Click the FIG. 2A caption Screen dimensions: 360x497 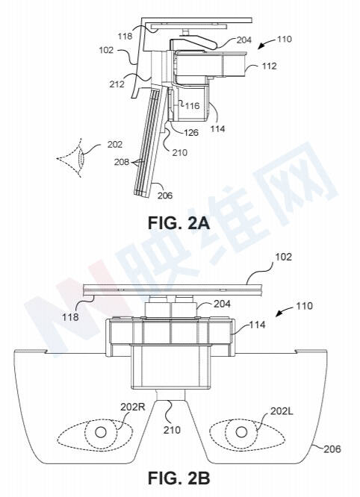tap(179, 223)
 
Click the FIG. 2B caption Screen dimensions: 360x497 tap(179, 478)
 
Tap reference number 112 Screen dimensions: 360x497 tap(269, 66)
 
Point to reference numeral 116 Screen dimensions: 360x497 tap(192, 105)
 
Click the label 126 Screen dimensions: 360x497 tap(190, 132)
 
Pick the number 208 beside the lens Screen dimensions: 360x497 tap(122, 162)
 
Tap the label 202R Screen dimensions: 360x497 tap(133, 407)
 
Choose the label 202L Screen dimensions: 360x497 tap(282, 410)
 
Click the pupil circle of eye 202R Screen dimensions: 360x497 tap(101, 432)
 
